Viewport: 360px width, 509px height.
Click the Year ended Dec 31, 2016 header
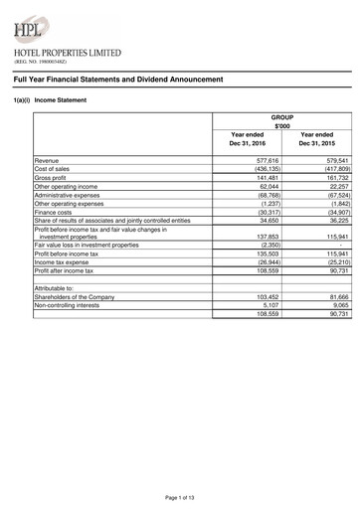tap(247, 140)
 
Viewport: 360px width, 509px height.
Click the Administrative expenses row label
tap(72, 195)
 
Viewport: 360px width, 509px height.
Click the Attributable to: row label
tap(55, 287)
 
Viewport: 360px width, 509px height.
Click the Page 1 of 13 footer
tap(180, 496)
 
